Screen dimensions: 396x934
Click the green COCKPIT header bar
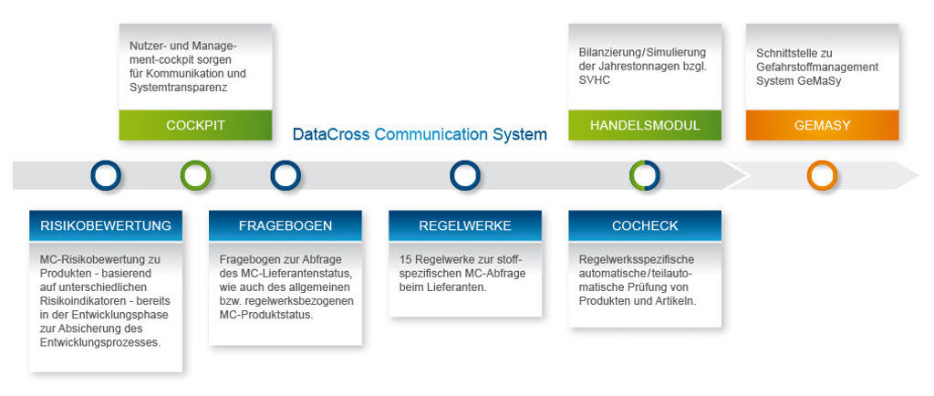pyautogui.click(x=195, y=125)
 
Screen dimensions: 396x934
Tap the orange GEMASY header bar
pyautogui.click(x=822, y=125)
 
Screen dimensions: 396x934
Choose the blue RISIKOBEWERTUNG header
pyautogui.click(x=106, y=225)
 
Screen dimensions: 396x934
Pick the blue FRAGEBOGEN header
pyautogui.click(x=285, y=225)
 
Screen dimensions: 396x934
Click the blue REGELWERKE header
pyautogui.click(x=464, y=225)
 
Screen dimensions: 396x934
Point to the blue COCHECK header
pyautogui.click(x=644, y=225)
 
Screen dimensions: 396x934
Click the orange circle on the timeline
pyautogui.click(x=822, y=175)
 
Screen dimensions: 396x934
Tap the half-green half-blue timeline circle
pyautogui.click(x=644, y=175)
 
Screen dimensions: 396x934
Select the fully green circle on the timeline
pyautogui.click(x=195, y=175)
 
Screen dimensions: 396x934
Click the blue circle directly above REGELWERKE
pyautogui.click(x=464, y=175)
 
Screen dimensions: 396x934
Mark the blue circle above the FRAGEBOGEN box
pyautogui.click(x=285, y=175)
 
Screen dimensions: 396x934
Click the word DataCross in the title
pyautogui.click(x=331, y=135)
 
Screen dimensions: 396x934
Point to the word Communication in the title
pyautogui.click(x=431, y=135)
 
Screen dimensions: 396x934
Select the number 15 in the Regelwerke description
pyautogui.click(x=406, y=259)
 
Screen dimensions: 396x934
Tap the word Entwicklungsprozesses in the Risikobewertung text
pyautogui.click(x=100, y=342)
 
